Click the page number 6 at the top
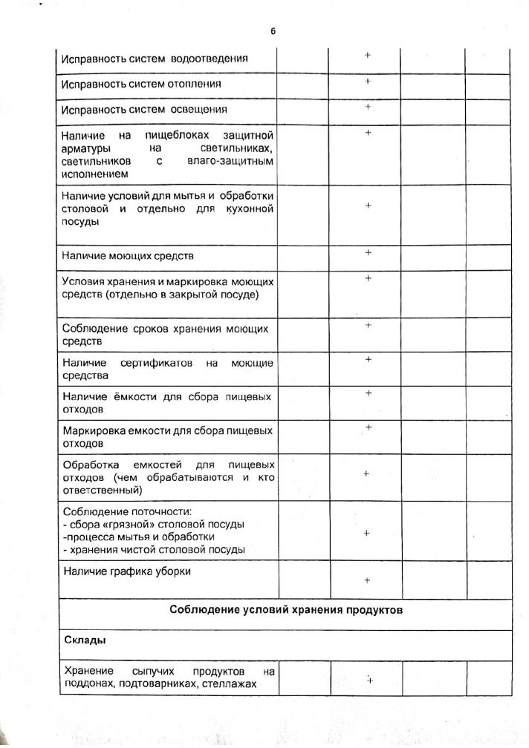[273, 31]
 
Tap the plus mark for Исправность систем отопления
[367, 82]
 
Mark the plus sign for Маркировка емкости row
[368, 427]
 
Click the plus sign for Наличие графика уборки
[367, 581]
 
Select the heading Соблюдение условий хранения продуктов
[285, 611]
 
